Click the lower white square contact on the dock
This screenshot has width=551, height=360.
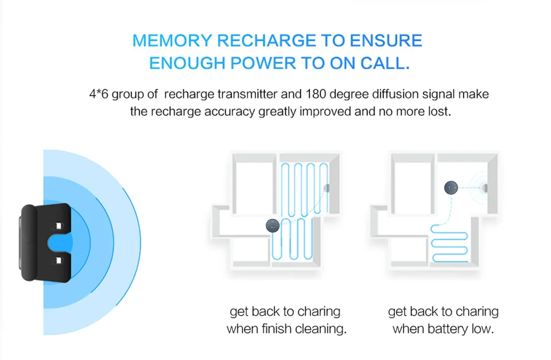point(58,261)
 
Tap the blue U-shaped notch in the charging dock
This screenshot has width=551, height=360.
point(60,243)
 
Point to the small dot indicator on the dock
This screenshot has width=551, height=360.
point(29,243)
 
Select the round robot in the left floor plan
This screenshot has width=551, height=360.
point(273,226)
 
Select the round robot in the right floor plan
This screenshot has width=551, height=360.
point(452,187)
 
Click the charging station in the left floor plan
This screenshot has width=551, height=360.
point(327,187)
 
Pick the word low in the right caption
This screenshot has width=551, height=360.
point(483,330)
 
